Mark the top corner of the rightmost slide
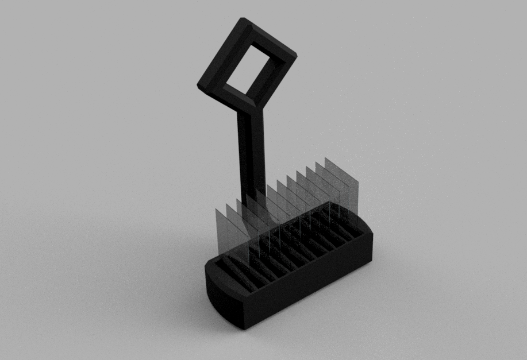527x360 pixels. coord(325,158)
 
